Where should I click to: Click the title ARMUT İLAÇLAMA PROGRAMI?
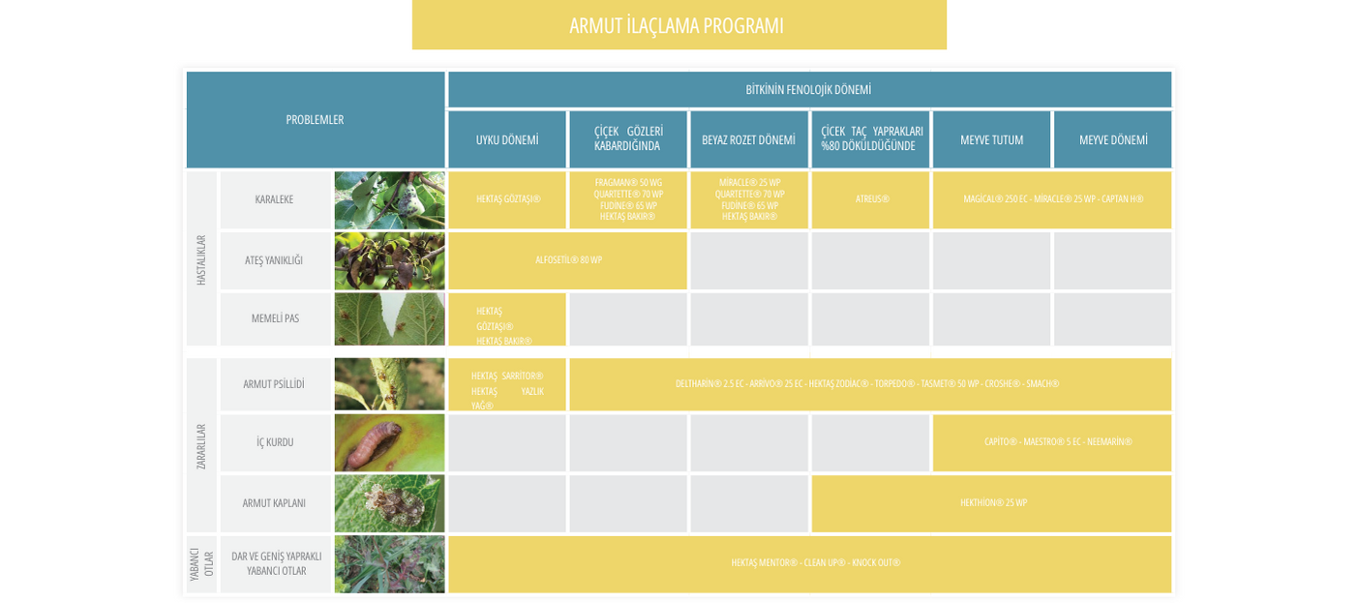677,26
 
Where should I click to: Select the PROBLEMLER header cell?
315,120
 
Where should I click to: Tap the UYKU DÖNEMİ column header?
507,140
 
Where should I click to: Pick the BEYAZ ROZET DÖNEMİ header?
748,140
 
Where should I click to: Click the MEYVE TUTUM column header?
991,140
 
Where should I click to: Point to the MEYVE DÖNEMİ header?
1113,140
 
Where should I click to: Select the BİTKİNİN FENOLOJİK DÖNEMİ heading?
808,90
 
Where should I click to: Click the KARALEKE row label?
274,200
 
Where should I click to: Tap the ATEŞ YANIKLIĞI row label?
274,260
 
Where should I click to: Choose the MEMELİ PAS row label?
275,318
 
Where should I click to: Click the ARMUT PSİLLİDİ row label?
274,384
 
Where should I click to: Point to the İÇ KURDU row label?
275,442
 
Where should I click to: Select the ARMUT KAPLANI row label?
274,503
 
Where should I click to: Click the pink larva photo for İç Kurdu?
389,443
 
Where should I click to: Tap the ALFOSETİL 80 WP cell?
568,260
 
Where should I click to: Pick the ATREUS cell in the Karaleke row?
871,200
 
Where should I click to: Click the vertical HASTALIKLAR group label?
201,259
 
